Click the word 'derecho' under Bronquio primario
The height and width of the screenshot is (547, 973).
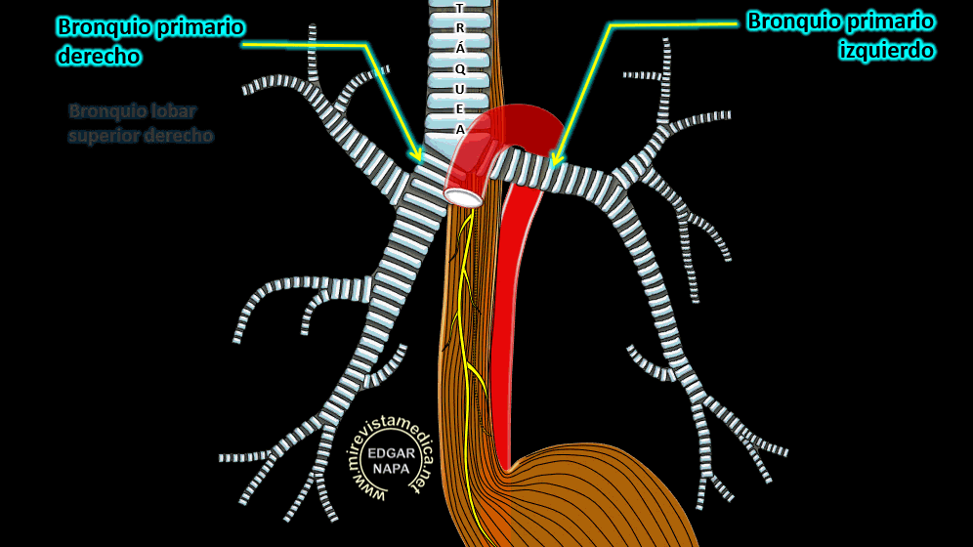pos(98,57)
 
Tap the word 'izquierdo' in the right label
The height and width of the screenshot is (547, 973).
pos(886,51)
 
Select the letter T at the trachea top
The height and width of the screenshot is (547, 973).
pos(460,8)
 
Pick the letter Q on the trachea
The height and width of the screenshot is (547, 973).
pos(460,68)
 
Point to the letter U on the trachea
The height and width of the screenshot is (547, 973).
pos(460,89)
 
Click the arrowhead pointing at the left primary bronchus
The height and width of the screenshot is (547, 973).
pos(555,159)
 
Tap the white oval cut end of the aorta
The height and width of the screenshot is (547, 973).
pos(462,197)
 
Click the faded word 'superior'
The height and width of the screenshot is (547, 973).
pos(102,136)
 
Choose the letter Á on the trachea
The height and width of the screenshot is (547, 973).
pos(460,48)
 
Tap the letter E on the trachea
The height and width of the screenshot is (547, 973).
pos(460,108)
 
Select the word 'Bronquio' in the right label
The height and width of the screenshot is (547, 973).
pos(791,21)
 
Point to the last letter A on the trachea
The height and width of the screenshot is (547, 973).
pos(460,129)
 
